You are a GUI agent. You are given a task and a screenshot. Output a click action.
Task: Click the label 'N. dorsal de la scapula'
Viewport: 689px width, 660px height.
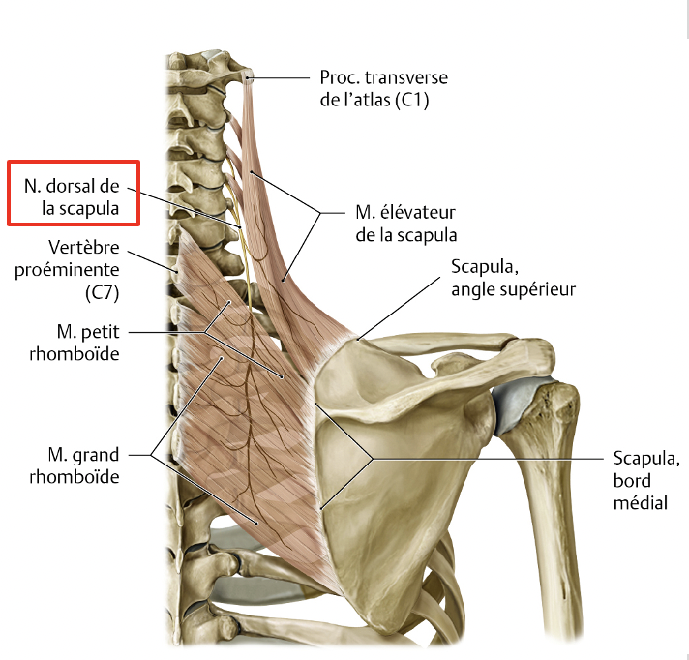[x=73, y=192]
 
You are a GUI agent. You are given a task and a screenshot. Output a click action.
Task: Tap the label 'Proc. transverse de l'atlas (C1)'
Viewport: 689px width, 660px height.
[x=383, y=87]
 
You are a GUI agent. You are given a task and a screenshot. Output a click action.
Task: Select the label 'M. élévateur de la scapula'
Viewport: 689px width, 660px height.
[x=401, y=222]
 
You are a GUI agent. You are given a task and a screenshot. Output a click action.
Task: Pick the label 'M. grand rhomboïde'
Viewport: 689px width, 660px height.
[x=82, y=465]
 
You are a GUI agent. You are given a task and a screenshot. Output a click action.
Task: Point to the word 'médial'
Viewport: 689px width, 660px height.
[x=640, y=502]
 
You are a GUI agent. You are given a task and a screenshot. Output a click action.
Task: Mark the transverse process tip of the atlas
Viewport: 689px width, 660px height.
[x=250, y=76]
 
